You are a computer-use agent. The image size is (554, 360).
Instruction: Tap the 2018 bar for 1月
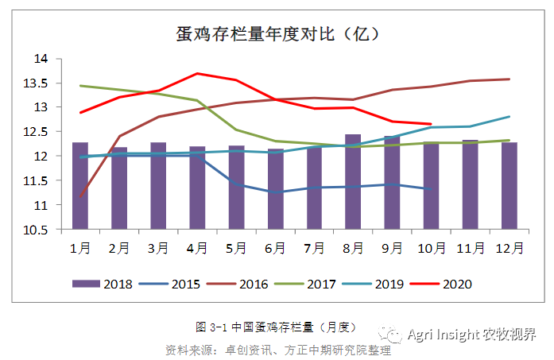pyautogui.click(x=80, y=187)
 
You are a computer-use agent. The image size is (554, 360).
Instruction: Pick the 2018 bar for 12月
pyautogui.click(x=509, y=187)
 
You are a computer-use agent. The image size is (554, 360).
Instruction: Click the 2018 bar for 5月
pyautogui.click(x=236, y=188)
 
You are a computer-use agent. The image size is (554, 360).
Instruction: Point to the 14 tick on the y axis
pyautogui.click(x=41, y=59)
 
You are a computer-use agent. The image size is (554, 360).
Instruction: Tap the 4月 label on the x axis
pyautogui.click(x=197, y=248)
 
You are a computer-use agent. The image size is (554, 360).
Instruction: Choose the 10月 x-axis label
pyautogui.click(x=431, y=248)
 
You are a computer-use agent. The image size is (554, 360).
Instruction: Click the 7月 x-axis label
pyautogui.click(x=314, y=248)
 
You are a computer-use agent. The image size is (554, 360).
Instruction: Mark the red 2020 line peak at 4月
pyautogui.click(x=197, y=73)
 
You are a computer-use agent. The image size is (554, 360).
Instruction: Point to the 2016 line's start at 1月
pyautogui.click(x=80, y=195)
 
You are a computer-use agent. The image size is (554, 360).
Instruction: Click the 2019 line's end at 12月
pyautogui.click(x=509, y=117)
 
